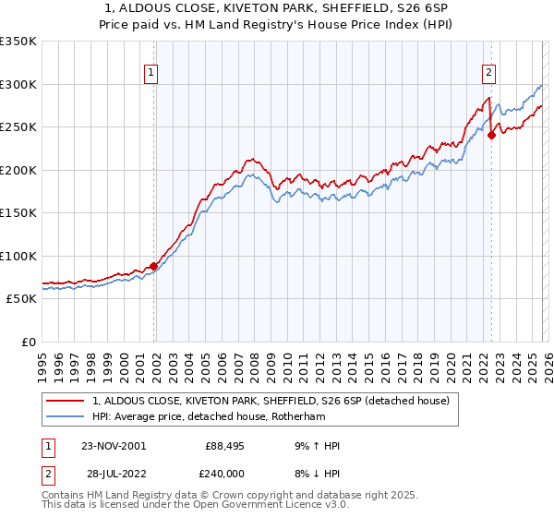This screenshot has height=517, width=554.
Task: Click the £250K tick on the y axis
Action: pos(18,126)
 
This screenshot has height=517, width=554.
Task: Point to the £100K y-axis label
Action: pos(18,256)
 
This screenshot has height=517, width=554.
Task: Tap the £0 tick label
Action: pos(27,342)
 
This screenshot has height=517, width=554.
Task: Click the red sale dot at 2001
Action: pos(153,266)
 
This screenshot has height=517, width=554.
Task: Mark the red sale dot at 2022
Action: pos(491,135)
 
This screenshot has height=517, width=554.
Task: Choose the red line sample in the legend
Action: pos(65,401)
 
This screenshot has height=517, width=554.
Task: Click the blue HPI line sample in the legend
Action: pos(65,415)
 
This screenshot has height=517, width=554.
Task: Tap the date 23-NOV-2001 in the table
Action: pos(114,446)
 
